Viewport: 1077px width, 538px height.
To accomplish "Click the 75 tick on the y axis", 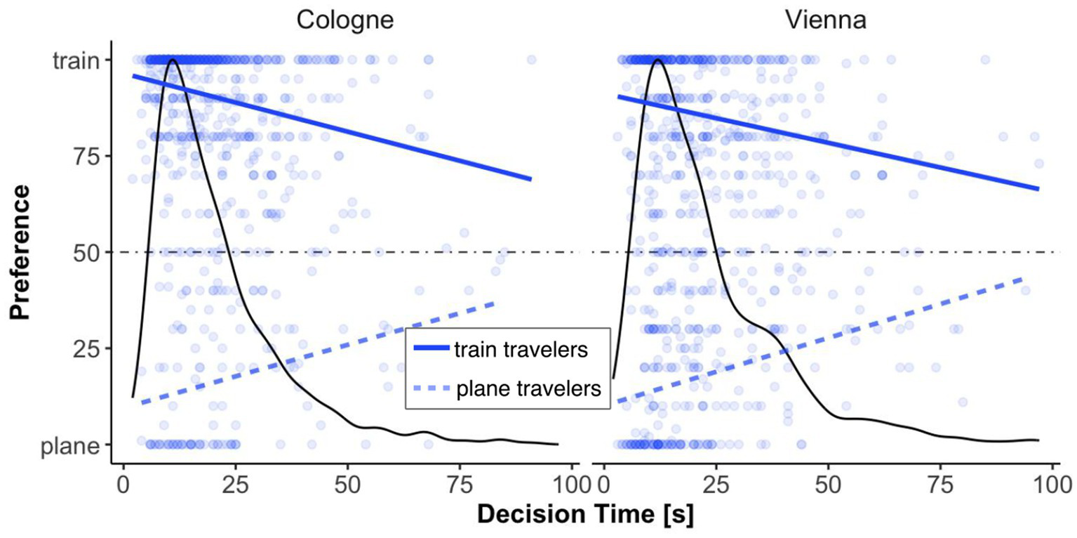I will pyautogui.click(x=86, y=156).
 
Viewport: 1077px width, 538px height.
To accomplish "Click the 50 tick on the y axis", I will pyautogui.click(x=86, y=252).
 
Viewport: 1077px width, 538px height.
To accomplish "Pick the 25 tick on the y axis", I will pyautogui.click(x=86, y=348).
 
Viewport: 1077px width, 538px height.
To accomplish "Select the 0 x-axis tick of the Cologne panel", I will pyautogui.click(x=123, y=484).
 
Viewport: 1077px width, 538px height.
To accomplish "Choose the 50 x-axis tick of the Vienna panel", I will pyautogui.click(x=828, y=484).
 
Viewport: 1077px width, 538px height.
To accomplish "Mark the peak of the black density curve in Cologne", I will pyautogui.click(x=171, y=60).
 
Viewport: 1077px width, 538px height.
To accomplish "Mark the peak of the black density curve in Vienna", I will pyautogui.click(x=657, y=60).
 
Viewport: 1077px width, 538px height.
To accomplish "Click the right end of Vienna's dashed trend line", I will pyautogui.click(x=1022, y=278).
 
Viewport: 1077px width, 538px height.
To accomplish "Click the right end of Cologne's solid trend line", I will pyautogui.click(x=530, y=179).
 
